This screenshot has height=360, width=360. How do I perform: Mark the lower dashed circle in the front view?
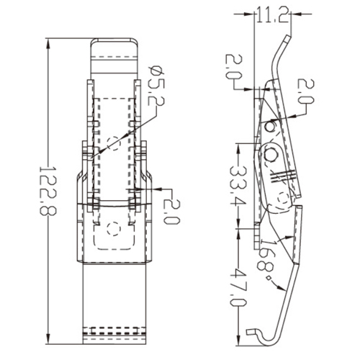[112, 229]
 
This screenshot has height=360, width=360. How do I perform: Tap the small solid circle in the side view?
[269, 127]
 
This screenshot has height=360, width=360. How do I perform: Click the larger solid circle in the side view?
[273, 153]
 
